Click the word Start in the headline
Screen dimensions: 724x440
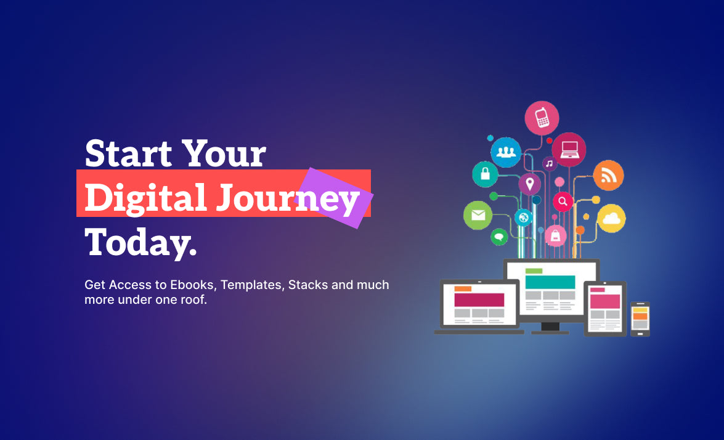coord(129,153)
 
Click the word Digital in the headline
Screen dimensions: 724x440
coord(145,198)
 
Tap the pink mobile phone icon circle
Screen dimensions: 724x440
coord(542,118)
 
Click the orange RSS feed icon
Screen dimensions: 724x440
coord(609,176)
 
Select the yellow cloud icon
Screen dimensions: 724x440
coord(611,218)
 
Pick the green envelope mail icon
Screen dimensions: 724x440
coord(478,215)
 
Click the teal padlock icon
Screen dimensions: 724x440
coord(485,174)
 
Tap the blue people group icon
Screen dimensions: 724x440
coord(506,152)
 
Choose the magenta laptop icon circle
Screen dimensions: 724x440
coord(569,150)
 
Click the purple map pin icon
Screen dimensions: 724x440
coord(530,184)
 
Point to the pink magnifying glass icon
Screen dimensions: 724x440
coord(563,202)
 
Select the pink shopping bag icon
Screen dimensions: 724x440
coord(555,236)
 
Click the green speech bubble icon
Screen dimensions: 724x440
coord(498,237)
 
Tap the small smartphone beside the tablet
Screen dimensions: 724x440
coord(640,319)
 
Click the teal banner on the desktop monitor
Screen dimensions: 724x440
coord(550,282)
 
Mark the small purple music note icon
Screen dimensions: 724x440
coord(549,163)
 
